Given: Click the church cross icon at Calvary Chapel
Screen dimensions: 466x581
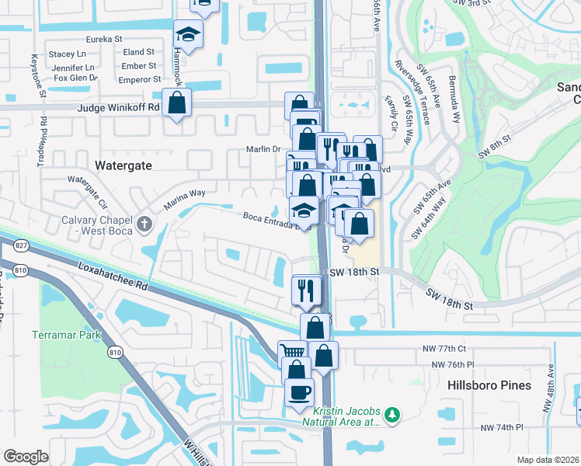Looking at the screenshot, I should [x=143, y=225].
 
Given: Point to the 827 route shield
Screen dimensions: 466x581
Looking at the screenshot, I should [x=20, y=245].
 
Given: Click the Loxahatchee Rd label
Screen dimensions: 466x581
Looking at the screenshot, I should [x=113, y=274].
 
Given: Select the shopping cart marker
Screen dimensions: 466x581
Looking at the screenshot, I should [x=293, y=353].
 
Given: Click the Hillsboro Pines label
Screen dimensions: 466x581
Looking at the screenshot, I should [x=489, y=385].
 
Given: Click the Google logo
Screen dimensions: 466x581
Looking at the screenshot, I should [x=26, y=457].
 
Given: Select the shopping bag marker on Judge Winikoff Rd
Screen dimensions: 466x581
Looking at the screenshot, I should [x=177, y=103].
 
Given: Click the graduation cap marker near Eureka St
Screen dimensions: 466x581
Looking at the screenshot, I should [x=187, y=35].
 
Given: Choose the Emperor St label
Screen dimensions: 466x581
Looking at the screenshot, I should [x=140, y=79].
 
